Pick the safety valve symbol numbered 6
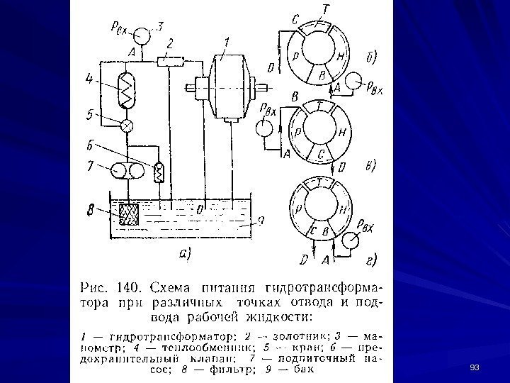tap(159, 171)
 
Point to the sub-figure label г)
tap(370, 260)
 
